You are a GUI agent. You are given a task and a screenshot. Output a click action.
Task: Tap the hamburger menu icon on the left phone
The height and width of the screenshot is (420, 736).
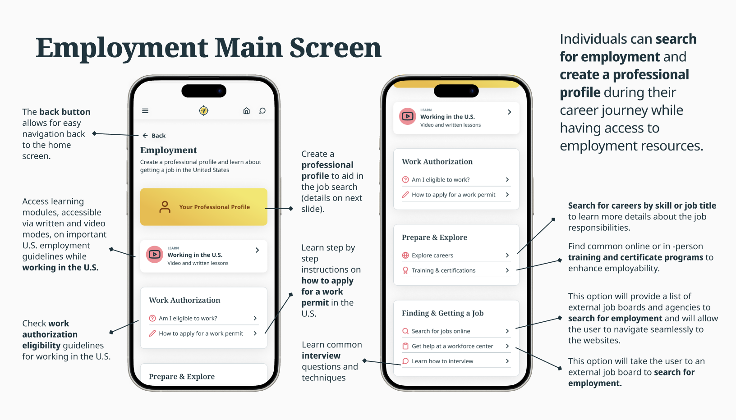click(x=145, y=111)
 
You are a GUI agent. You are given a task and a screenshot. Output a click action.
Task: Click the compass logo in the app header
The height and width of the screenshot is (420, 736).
click(x=203, y=110)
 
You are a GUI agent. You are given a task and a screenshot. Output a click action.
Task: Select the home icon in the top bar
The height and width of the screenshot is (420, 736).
click(x=246, y=111)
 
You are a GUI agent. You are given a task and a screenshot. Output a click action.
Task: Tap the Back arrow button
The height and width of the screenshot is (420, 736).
click(x=154, y=136)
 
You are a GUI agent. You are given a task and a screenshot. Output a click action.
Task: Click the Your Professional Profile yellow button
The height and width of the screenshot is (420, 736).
click(x=204, y=207)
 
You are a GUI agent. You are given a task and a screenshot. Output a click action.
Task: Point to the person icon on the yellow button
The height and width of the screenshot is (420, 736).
click(x=165, y=207)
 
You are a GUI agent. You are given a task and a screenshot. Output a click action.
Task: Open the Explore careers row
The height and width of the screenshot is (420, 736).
click(x=455, y=256)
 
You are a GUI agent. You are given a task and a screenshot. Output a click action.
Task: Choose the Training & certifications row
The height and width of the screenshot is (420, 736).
click(x=455, y=270)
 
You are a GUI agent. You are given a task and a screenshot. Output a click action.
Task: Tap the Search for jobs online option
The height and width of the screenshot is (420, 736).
click(x=455, y=331)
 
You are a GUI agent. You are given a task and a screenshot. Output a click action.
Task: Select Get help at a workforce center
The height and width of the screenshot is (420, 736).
click(x=455, y=346)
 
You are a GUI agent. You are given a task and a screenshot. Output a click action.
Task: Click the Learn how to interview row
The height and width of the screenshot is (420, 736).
click(x=455, y=361)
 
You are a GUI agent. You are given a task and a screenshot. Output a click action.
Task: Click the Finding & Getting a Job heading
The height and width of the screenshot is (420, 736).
click(x=442, y=313)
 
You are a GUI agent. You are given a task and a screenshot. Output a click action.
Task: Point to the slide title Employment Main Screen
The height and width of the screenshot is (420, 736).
click(x=208, y=48)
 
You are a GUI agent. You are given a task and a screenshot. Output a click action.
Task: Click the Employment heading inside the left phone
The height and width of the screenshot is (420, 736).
click(x=169, y=150)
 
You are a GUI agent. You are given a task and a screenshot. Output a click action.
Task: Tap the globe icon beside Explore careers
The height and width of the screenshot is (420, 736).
click(x=405, y=256)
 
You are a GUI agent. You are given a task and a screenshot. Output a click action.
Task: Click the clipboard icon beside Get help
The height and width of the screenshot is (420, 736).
click(x=405, y=346)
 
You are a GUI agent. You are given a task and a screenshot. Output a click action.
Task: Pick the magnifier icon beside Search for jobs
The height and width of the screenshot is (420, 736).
click(x=405, y=331)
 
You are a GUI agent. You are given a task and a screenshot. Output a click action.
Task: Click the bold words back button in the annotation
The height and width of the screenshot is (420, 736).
click(x=64, y=112)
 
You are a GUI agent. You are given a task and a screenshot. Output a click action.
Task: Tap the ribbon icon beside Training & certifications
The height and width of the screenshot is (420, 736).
click(x=405, y=270)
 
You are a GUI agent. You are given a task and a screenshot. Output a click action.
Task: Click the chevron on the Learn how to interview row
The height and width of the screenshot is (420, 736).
click(x=507, y=361)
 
